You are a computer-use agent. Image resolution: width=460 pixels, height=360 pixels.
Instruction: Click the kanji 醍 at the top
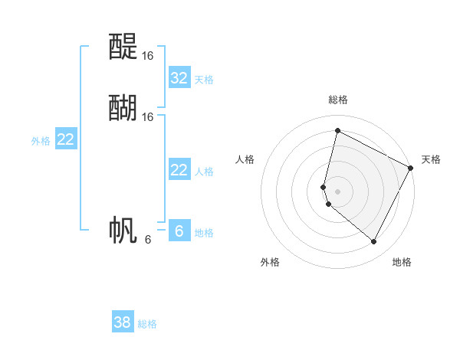(x=123, y=47)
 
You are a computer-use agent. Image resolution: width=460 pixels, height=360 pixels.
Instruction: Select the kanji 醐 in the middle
(x=123, y=108)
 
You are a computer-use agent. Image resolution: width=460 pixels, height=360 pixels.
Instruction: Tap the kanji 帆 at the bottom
(x=123, y=231)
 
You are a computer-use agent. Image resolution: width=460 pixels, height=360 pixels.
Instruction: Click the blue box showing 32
(x=179, y=77)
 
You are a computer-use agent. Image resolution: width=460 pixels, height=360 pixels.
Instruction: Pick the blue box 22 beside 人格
(x=179, y=170)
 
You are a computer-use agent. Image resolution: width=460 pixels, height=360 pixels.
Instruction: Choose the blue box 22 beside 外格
(x=66, y=139)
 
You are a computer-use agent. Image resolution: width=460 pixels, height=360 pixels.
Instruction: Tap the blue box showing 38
(x=123, y=322)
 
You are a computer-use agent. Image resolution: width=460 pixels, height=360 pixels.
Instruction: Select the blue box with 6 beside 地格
(x=179, y=231)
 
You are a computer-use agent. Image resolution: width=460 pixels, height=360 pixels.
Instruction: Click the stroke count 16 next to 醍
(x=148, y=56)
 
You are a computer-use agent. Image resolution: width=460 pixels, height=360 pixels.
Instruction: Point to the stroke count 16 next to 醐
(x=148, y=117)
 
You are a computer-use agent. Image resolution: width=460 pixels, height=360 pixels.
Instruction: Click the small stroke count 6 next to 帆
(x=148, y=240)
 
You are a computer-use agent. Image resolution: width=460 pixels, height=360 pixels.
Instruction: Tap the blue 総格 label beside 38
(x=147, y=324)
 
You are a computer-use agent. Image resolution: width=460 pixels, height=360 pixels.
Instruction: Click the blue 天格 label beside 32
(x=204, y=79)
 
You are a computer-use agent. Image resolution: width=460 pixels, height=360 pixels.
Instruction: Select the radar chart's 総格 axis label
(x=338, y=100)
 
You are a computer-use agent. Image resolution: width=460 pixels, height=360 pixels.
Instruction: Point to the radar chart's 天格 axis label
(x=432, y=159)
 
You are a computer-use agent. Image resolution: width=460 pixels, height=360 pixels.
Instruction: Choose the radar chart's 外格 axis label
(x=270, y=262)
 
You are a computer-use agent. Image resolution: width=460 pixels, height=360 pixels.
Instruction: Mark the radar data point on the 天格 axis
(x=412, y=168)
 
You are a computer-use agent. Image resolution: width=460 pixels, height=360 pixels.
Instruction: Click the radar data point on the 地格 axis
(x=374, y=241)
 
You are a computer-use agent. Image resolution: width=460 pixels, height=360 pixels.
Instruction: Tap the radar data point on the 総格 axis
(x=337, y=130)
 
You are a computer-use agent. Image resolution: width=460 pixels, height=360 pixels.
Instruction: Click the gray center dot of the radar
(x=338, y=191)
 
